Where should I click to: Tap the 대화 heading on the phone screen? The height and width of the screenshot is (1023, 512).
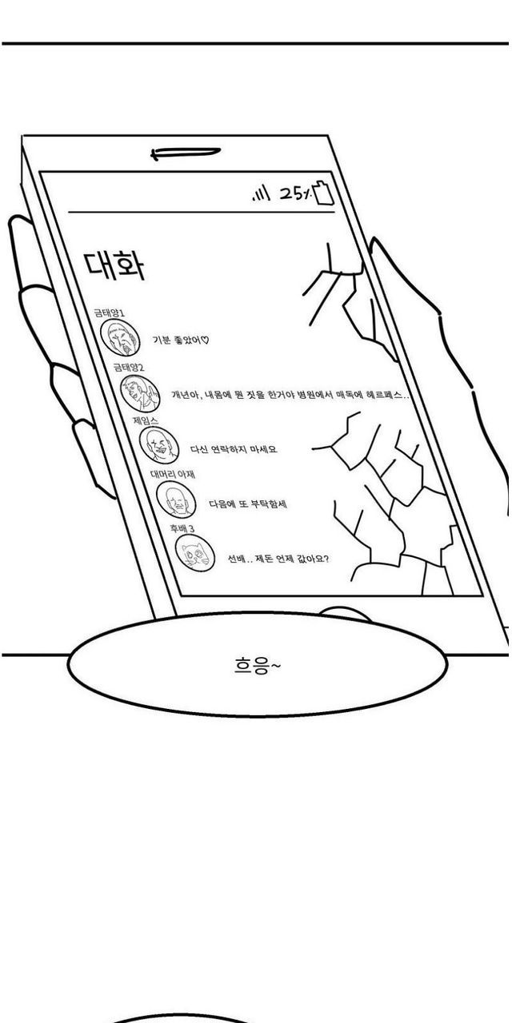point(114,266)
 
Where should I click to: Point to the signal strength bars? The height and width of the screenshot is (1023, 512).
point(262,194)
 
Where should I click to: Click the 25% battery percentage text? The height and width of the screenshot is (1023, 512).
point(295,194)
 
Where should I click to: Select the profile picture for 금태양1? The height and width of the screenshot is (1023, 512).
point(120,337)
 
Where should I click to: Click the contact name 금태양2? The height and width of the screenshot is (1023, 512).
point(129,367)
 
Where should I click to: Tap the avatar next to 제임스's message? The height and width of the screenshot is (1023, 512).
point(158,445)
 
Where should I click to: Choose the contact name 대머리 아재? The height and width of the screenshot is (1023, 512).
point(173,475)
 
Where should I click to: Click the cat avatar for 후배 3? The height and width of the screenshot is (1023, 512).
point(195,553)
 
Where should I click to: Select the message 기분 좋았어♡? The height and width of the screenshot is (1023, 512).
point(181,340)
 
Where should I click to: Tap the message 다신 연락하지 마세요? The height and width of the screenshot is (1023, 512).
point(234,449)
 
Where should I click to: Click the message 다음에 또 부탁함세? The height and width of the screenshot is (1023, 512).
point(248,504)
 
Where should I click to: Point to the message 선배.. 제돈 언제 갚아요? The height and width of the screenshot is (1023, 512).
point(278,559)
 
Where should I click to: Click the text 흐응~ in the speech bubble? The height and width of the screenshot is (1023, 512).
point(257,667)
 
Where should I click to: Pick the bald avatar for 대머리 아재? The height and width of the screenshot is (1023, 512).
point(176,500)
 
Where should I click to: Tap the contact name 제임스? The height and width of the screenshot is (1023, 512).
point(146,420)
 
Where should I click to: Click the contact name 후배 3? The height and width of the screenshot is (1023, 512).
point(182,528)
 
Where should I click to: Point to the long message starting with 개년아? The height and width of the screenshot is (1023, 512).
point(290,395)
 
